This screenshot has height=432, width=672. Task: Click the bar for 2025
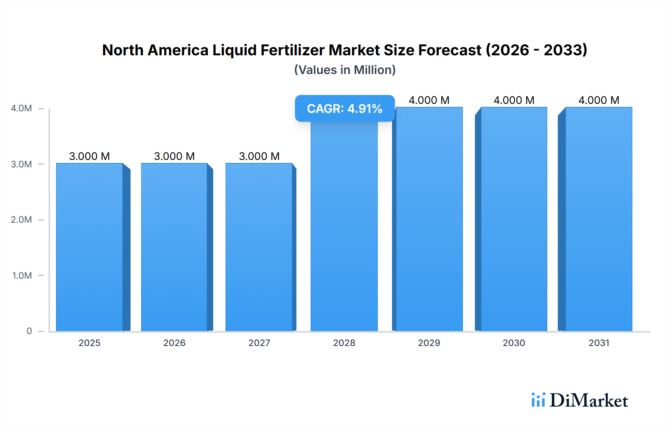(x=90, y=247)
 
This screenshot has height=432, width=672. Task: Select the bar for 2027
(x=259, y=247)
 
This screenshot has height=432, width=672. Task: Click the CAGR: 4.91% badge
(x=345, y=108)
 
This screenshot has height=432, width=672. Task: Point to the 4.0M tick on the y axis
(x=21, y=108)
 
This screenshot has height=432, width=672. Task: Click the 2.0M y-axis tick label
(x=21, y=220)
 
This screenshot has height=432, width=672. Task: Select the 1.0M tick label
(x=22, y=275)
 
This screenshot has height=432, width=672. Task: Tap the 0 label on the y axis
(x=29, y=331)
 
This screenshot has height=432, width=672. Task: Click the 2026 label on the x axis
(x=174, y=343)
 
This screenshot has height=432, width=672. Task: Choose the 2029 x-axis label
(x=429, y=343)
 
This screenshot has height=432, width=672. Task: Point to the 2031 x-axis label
(x=599, y=343)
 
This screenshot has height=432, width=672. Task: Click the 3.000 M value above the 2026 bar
(x=174, y=156)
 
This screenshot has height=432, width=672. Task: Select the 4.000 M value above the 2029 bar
(x=429, y=100)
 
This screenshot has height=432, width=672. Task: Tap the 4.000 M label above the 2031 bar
(x=599, y=100)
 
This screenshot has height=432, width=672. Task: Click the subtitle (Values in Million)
(x=345, y=70)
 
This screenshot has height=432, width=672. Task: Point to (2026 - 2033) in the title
(x=536, y=50)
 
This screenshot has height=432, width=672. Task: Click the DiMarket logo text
(x=589, y=400)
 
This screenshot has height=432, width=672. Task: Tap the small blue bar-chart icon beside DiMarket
(x=538, y=400)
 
